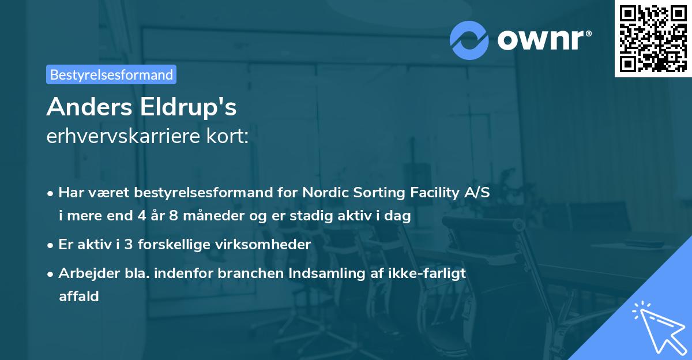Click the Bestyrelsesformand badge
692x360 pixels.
111,74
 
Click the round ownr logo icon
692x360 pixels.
469,40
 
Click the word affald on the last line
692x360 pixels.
78,296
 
